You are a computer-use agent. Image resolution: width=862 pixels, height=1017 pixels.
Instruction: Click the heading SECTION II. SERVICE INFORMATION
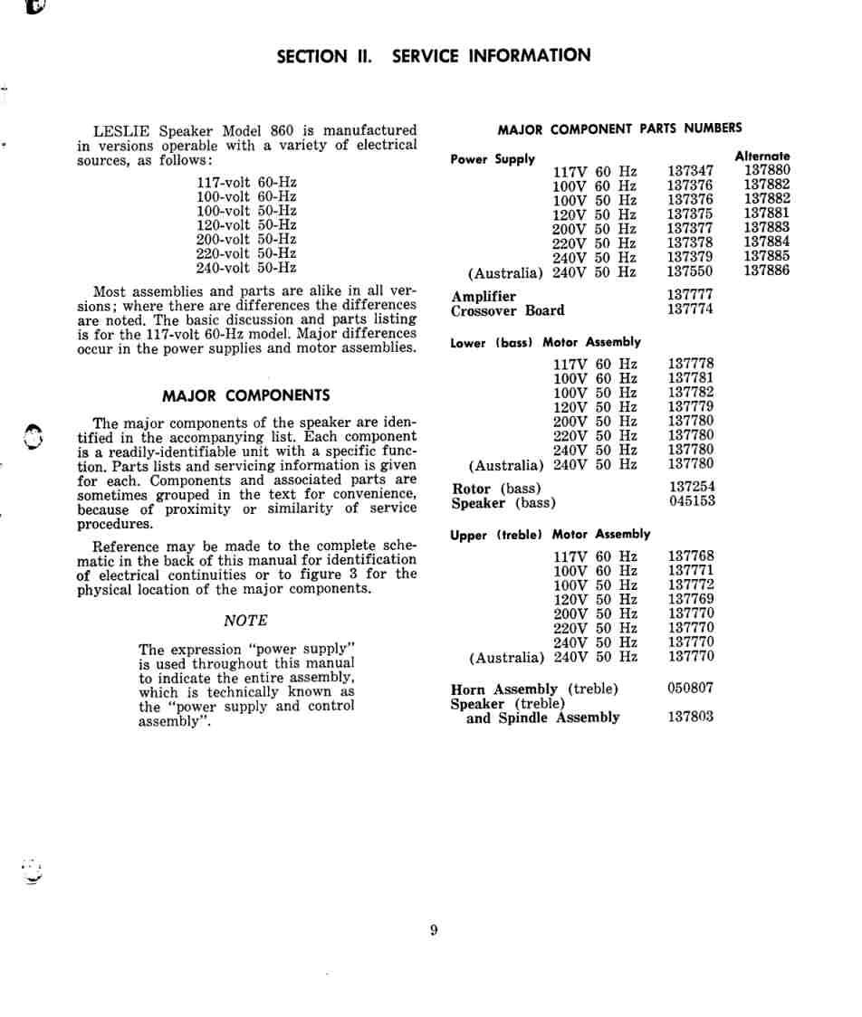tap(433, 56)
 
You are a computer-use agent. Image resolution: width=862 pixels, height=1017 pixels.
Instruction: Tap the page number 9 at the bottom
tap(434, 930)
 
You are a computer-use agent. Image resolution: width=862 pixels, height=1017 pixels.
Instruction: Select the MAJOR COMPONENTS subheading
tap(245, 395)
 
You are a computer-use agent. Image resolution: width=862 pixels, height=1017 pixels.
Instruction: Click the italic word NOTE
tap(245, 621)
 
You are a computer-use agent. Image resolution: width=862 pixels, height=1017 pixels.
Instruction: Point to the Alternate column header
tap(761, 156)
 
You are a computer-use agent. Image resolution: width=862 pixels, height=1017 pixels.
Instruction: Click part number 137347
tap(690, 170)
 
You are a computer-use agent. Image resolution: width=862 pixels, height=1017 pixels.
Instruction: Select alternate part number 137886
tap(766, 271)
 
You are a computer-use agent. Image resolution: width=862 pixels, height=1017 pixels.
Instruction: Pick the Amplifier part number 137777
tap(690, 295)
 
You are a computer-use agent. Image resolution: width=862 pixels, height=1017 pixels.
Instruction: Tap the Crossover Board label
tap(507, 310)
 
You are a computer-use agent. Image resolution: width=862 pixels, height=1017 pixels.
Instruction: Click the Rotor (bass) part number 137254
tap(692, 487)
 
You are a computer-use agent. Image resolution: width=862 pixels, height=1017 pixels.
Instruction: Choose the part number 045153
tap(692, 501)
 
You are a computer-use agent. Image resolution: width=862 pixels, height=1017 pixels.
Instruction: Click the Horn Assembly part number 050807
tap(690, 688)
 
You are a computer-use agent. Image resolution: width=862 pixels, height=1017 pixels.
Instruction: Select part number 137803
tap(690, 717)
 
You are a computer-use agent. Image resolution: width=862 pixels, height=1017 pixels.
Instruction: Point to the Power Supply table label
tap(493, 159)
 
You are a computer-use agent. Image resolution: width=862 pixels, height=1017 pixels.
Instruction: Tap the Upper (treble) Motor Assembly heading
tap(550, 535)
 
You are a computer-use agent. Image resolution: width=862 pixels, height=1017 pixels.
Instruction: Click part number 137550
tap(690, 271)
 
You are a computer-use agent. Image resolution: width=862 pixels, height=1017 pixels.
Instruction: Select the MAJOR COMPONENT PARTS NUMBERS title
tap(619, 128)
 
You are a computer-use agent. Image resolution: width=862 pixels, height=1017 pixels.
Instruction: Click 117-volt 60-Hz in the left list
tap(246, 182)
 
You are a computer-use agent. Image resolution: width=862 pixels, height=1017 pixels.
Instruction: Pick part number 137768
tap(690, 556)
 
